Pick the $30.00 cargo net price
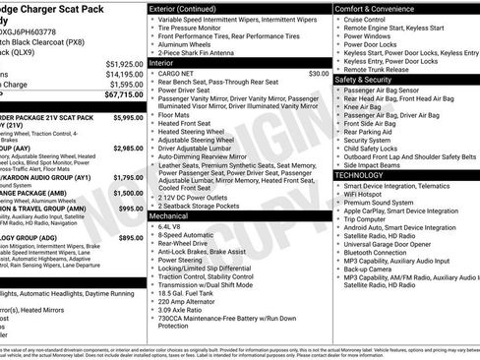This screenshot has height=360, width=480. pos(319,73)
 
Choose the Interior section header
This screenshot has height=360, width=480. pos(162,61)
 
